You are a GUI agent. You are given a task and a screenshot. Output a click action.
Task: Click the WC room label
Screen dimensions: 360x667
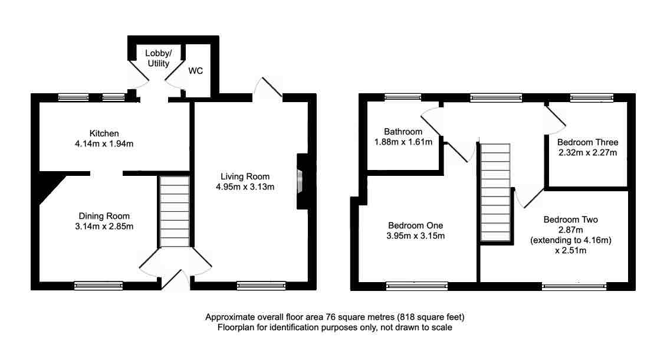196,71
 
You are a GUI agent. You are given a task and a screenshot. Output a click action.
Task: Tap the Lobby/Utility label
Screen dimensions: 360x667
157,58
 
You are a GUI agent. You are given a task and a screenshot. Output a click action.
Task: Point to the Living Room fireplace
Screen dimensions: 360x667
301,182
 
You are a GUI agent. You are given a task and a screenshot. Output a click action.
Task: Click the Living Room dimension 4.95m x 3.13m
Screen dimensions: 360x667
245,186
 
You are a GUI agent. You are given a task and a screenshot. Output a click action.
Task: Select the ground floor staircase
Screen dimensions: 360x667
173,211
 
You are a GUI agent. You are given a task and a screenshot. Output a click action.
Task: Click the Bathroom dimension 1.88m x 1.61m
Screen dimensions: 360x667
403,142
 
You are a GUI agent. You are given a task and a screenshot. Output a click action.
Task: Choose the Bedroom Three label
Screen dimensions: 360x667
587,143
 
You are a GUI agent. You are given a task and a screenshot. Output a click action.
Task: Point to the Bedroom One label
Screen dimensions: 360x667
415,225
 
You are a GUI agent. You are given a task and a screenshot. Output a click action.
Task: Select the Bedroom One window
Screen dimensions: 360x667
416,286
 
